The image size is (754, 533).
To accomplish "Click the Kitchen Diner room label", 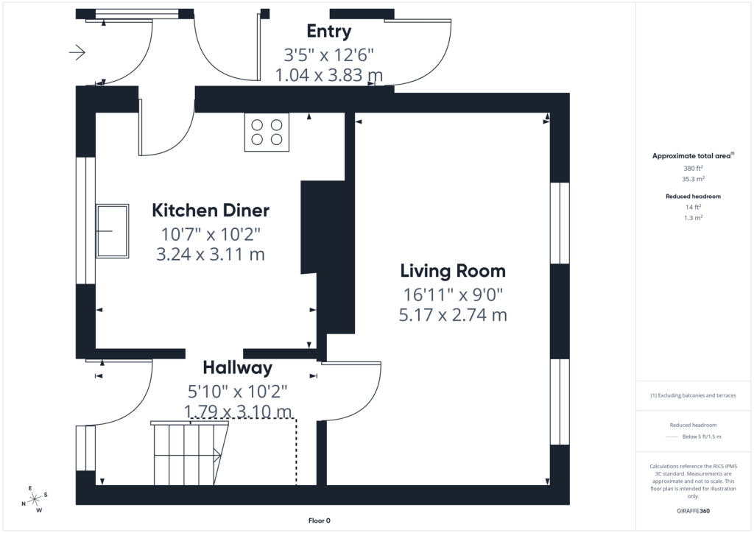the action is pos(211,211).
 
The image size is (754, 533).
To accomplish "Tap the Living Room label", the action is pos(453,271).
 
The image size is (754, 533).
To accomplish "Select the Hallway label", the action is pos(238,367).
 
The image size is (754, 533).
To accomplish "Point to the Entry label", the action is pos(329,31).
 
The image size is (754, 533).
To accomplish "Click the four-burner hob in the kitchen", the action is pos(267,133).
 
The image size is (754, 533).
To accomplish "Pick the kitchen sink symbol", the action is pos(112,231).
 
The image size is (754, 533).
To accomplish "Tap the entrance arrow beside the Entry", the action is pos(77,52).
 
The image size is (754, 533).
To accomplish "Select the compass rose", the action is pos(34,499).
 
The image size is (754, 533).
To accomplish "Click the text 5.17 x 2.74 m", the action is pos(453,315).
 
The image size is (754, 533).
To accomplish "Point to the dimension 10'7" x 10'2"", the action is pos(211,234).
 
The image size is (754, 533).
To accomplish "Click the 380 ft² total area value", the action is pos(693,168).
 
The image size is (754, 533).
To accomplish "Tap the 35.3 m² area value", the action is pos(693,179).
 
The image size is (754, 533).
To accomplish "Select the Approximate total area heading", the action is pos(693,156).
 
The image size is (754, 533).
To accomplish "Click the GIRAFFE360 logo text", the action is pos(693,511).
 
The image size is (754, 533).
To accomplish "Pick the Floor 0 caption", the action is pos(320,520).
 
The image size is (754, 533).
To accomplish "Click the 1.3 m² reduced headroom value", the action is pos(693,218).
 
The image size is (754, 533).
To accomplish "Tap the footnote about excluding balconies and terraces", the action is pos(693,395).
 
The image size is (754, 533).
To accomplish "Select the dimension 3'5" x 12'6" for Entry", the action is pos(329,54).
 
